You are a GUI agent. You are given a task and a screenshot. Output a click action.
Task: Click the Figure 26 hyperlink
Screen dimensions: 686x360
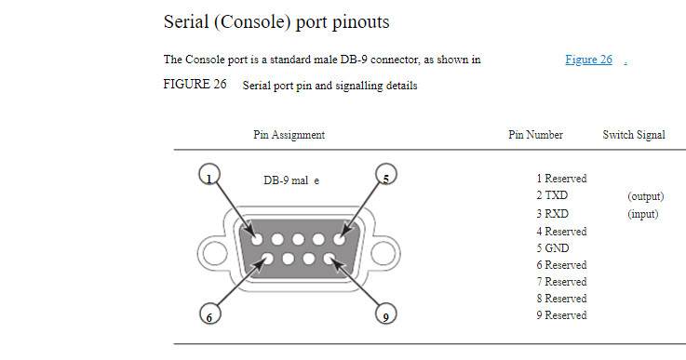point(588,60)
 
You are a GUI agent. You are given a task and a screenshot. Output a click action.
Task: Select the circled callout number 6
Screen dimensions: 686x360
point(210,314)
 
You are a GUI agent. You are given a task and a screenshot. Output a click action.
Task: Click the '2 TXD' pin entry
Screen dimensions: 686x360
point(552,197)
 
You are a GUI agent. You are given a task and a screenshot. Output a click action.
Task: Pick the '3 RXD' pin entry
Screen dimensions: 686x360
point(552,214)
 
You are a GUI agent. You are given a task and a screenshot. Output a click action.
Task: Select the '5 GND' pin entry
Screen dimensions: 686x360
point(552,248)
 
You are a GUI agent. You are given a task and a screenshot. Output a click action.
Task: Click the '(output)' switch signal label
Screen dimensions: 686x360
point(645,197)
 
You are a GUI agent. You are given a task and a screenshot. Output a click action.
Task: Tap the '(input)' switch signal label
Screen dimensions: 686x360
point(642,214)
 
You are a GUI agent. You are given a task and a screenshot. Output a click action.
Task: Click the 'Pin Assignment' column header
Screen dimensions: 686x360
point(289,135)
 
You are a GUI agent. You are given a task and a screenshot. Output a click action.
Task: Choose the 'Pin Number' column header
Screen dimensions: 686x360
point(535,135)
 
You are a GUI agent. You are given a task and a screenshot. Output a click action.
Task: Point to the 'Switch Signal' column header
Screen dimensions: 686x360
point(634,135)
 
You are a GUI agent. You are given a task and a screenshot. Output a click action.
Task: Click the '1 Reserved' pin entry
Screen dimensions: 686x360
point(561,179)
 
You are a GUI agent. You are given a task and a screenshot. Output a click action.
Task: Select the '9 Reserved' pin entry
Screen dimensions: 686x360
point(561,315)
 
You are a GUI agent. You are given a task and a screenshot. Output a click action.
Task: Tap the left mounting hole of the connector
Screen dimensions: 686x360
point(211,250)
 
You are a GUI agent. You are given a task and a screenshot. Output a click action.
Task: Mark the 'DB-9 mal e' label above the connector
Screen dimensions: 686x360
point(291,180)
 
